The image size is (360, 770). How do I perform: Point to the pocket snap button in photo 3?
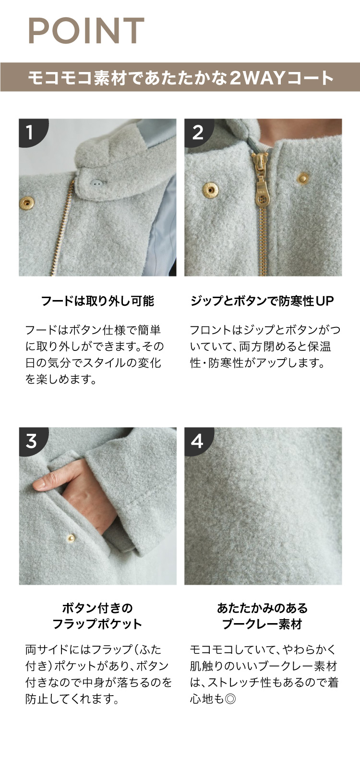tap(71, 538)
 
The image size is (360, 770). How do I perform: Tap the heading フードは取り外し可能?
tap(97, 301)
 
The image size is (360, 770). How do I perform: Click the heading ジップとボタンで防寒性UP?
tap(263, 301)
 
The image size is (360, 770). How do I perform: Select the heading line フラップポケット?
tap(97, 624)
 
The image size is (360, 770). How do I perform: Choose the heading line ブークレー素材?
tap(263, 624)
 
